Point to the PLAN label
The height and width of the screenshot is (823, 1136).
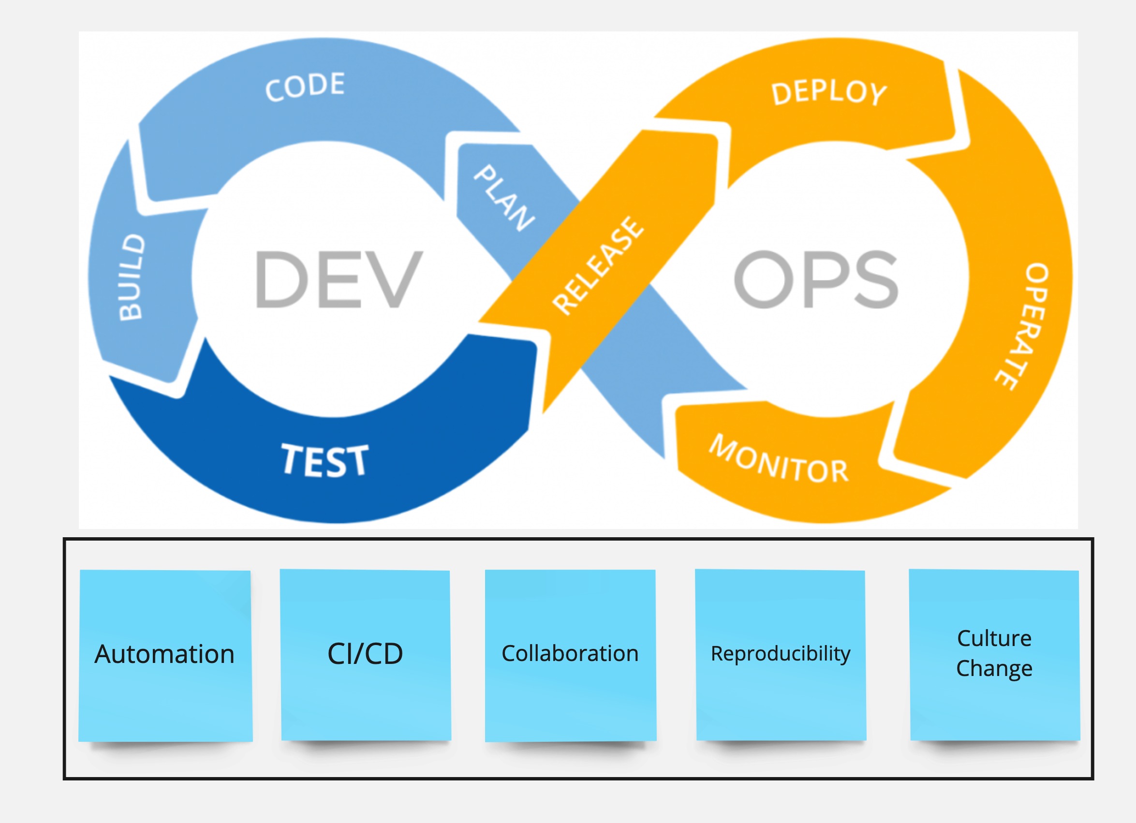504,198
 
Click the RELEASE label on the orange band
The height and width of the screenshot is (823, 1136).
599,266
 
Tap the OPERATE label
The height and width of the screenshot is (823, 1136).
1024,325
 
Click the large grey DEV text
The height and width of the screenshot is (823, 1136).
339,279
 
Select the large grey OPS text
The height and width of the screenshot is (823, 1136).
816,279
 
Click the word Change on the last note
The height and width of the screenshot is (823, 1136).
995,669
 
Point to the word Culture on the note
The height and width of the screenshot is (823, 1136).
995,639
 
